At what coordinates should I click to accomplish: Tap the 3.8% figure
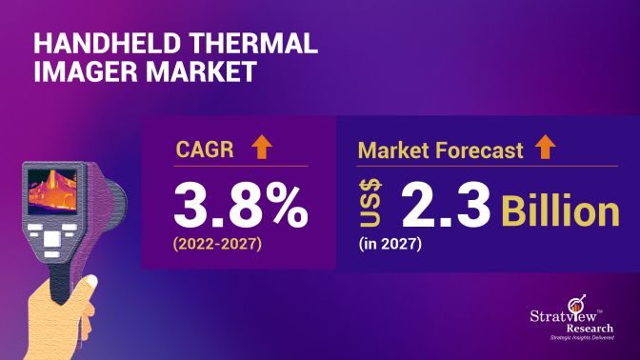(240, 203)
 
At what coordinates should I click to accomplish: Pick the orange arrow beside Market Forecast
(547, 147)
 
